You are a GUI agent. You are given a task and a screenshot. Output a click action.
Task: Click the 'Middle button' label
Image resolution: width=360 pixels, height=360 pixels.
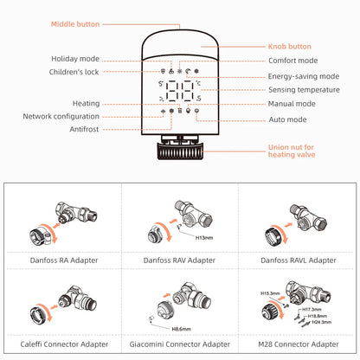tap(74, 24)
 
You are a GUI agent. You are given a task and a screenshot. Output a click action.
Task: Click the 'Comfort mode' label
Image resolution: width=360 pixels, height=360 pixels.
tap(291, 61)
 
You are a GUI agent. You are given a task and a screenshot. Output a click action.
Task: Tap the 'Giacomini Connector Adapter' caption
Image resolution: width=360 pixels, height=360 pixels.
tap(181, 342)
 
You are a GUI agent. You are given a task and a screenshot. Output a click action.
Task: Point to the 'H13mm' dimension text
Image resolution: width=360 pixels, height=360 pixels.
tap(204, 236)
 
